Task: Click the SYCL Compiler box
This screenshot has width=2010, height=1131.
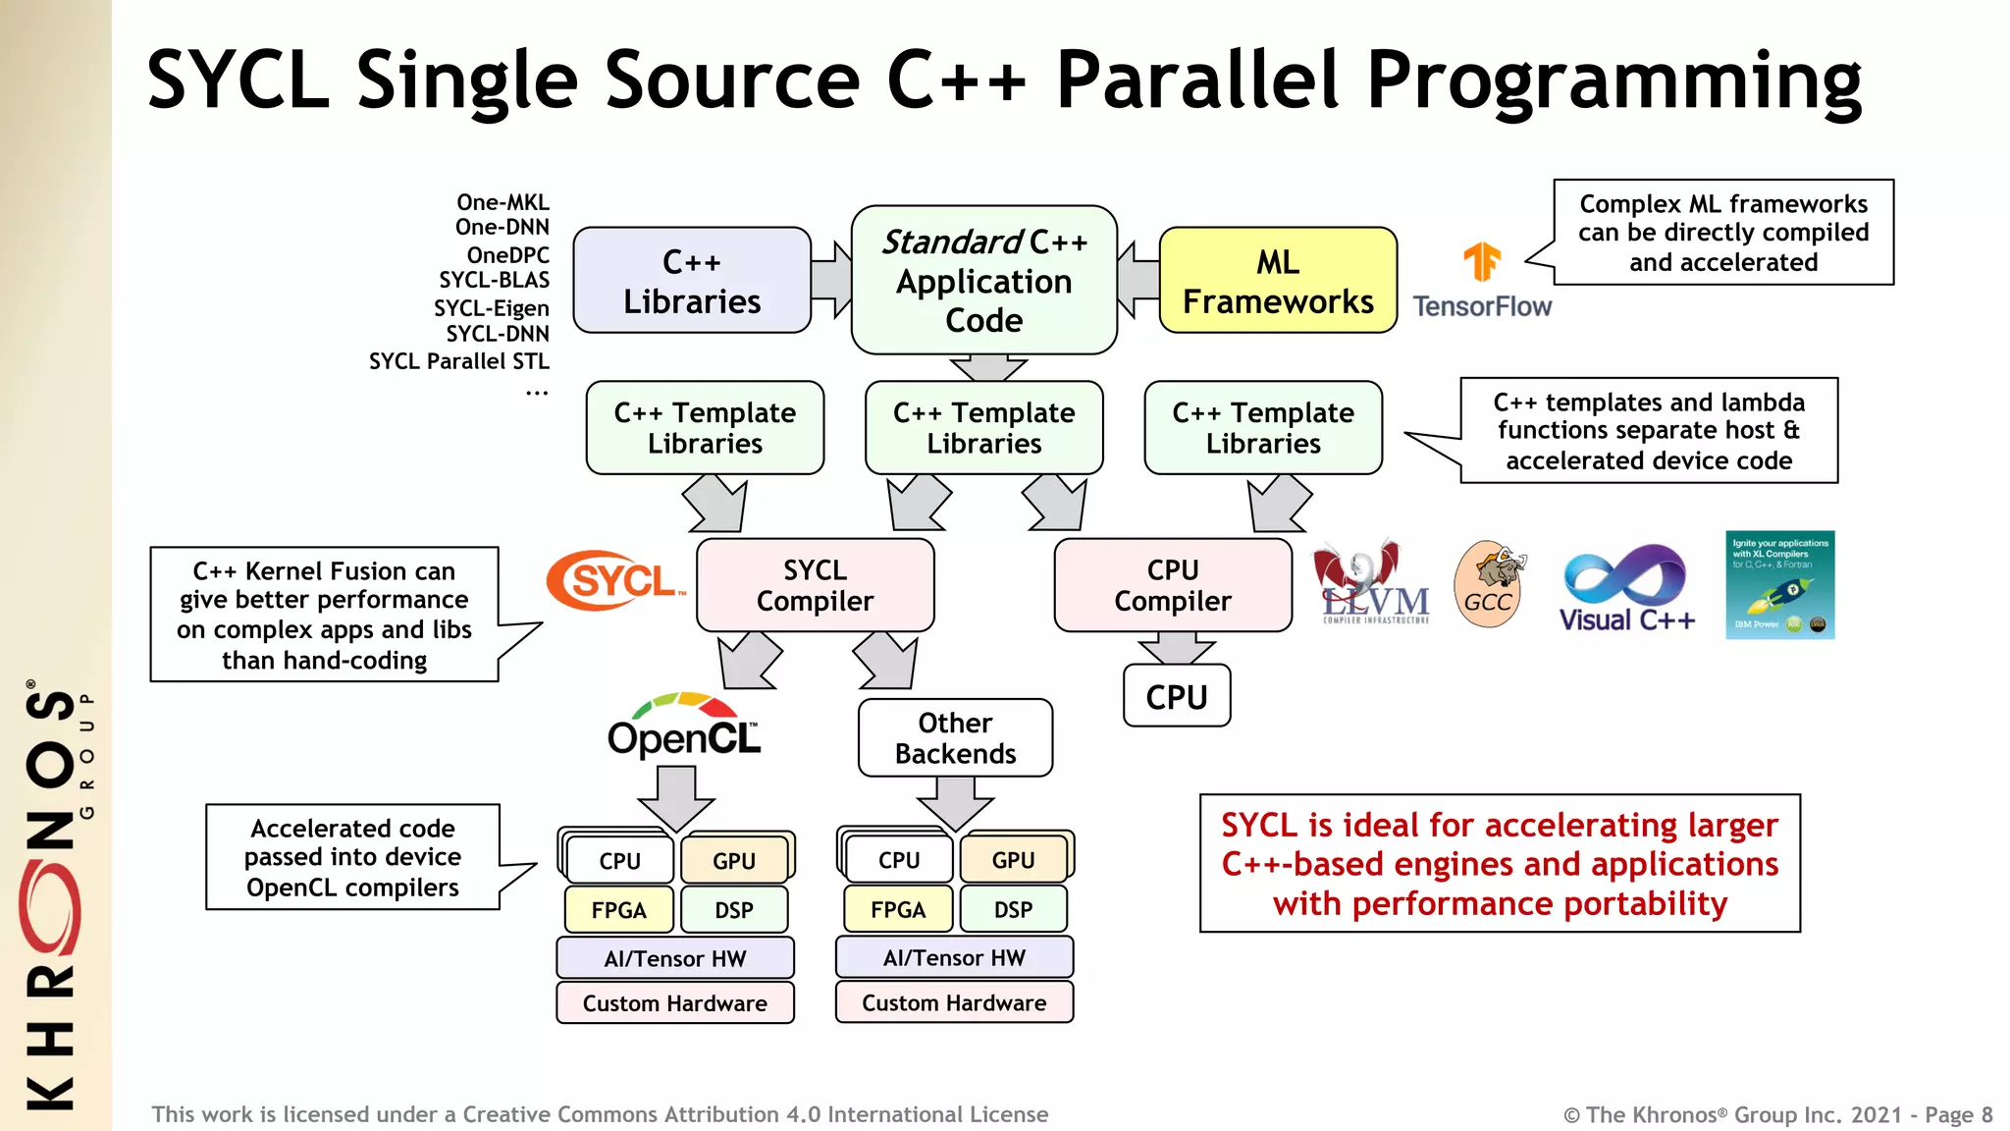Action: click(x=815, y=585)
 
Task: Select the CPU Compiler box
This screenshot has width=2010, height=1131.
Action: click(x=1173, y=585)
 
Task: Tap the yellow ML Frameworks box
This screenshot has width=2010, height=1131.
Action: click(x=1278, y=281)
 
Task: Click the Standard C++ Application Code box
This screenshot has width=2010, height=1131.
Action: click(x=984, y=281)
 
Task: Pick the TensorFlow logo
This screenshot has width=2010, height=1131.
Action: click(x=1482, y=281)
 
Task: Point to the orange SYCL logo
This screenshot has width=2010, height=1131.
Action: click(x=614, y=580)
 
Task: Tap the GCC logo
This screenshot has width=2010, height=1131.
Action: click(x=1489, y=584)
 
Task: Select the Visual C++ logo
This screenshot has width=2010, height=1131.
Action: click(x=1626, y=588)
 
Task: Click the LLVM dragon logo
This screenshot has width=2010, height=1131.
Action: click(x=1372, y=582)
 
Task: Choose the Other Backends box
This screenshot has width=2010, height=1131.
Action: click(x=955, y=738)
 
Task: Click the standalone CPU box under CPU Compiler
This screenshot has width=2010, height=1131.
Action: click(x=1177, y=697)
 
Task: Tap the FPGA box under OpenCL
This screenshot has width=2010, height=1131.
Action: click(x=619, y=910)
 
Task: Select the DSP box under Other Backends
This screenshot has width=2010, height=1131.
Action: click(x=1013, y=910)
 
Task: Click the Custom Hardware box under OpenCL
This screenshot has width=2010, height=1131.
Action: click(x=675, y=1003)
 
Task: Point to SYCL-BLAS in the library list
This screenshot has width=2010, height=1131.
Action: click(x=494, y=281)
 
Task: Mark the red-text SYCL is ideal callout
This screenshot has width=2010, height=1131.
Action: click(x=1500, y=864)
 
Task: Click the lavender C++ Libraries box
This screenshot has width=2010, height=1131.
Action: click(x=692, y=281)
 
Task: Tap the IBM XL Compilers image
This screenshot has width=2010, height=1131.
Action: click(x=1779, y=585)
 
